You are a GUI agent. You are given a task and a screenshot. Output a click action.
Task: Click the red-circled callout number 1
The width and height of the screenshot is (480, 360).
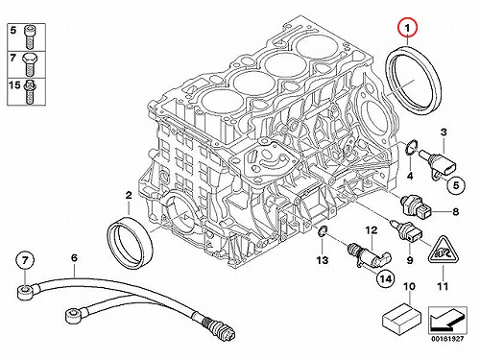(x=407, y=28)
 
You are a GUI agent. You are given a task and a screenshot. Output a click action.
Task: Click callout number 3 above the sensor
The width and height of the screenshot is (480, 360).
(x=444, y=132)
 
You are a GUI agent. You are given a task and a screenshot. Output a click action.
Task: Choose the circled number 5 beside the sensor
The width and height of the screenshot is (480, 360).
(x=456, y=185)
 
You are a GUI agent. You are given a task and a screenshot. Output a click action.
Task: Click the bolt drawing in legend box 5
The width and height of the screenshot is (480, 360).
(x=29, y=36)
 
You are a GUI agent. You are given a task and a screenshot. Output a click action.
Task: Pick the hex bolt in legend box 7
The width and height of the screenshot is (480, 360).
(x=30, y=64)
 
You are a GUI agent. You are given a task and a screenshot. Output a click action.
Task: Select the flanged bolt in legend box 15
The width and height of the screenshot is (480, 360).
(x=29, y=91)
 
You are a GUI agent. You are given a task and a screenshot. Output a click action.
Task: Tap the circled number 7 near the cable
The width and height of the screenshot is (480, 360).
(x=25, y=261)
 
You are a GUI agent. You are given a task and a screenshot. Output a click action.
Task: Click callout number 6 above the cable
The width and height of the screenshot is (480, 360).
(x=74, y=258)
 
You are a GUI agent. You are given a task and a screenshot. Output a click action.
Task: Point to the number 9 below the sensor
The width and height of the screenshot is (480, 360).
(x=410, y=260)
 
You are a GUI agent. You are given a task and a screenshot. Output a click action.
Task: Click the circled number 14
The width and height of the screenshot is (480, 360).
(x=386, y=279)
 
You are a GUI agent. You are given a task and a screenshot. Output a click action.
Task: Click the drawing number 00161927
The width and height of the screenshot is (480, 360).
(x=447, y=339)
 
